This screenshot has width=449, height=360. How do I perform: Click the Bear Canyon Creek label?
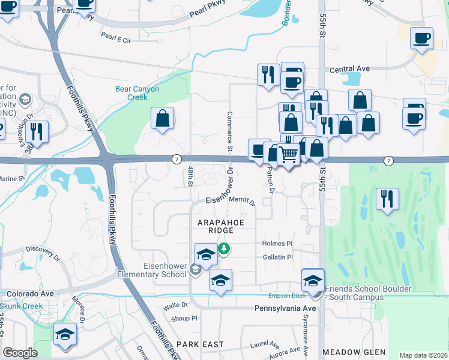point(137,93)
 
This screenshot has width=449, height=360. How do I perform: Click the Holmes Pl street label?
point(277,244)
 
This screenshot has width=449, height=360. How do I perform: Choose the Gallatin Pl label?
point(277,257)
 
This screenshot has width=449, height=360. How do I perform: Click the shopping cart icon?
point(289,155)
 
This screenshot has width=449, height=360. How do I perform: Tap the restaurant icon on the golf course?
point(387,199)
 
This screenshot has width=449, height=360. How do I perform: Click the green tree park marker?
point(224,247)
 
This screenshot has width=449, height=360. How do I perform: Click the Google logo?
point(20,353)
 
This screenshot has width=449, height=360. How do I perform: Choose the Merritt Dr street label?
point(242,203)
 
